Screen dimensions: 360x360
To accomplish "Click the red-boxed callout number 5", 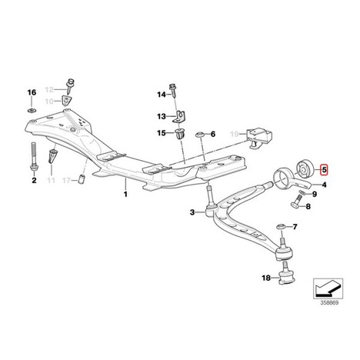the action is pos(324,169).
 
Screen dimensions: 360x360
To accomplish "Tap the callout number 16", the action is pos(32,92).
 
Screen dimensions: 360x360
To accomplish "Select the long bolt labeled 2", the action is pos(34,158).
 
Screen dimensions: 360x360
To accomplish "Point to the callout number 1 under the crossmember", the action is pos(125,194).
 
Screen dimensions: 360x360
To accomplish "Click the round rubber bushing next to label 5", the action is pos(305,168).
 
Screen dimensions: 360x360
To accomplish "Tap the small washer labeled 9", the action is pos(302,192).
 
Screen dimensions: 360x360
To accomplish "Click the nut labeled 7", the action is pos(281,227).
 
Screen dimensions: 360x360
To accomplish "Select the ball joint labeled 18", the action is pos(286,278).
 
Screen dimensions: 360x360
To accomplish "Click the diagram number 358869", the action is pos(329,303).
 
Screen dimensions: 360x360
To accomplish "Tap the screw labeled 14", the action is pos(172,90).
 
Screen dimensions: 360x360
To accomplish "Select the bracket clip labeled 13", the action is pos(180,117).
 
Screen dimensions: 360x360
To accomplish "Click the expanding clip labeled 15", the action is pos(179,134).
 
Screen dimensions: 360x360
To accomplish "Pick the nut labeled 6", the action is pos(200,135).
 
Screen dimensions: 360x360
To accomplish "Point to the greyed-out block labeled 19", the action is pos(258,138).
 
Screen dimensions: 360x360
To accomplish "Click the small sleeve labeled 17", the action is pos(82,179).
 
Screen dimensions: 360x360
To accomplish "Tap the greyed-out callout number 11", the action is pos(52,180).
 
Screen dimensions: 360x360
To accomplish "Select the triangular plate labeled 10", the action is pos(67,100).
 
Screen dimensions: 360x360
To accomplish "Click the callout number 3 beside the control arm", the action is pos(192,212).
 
